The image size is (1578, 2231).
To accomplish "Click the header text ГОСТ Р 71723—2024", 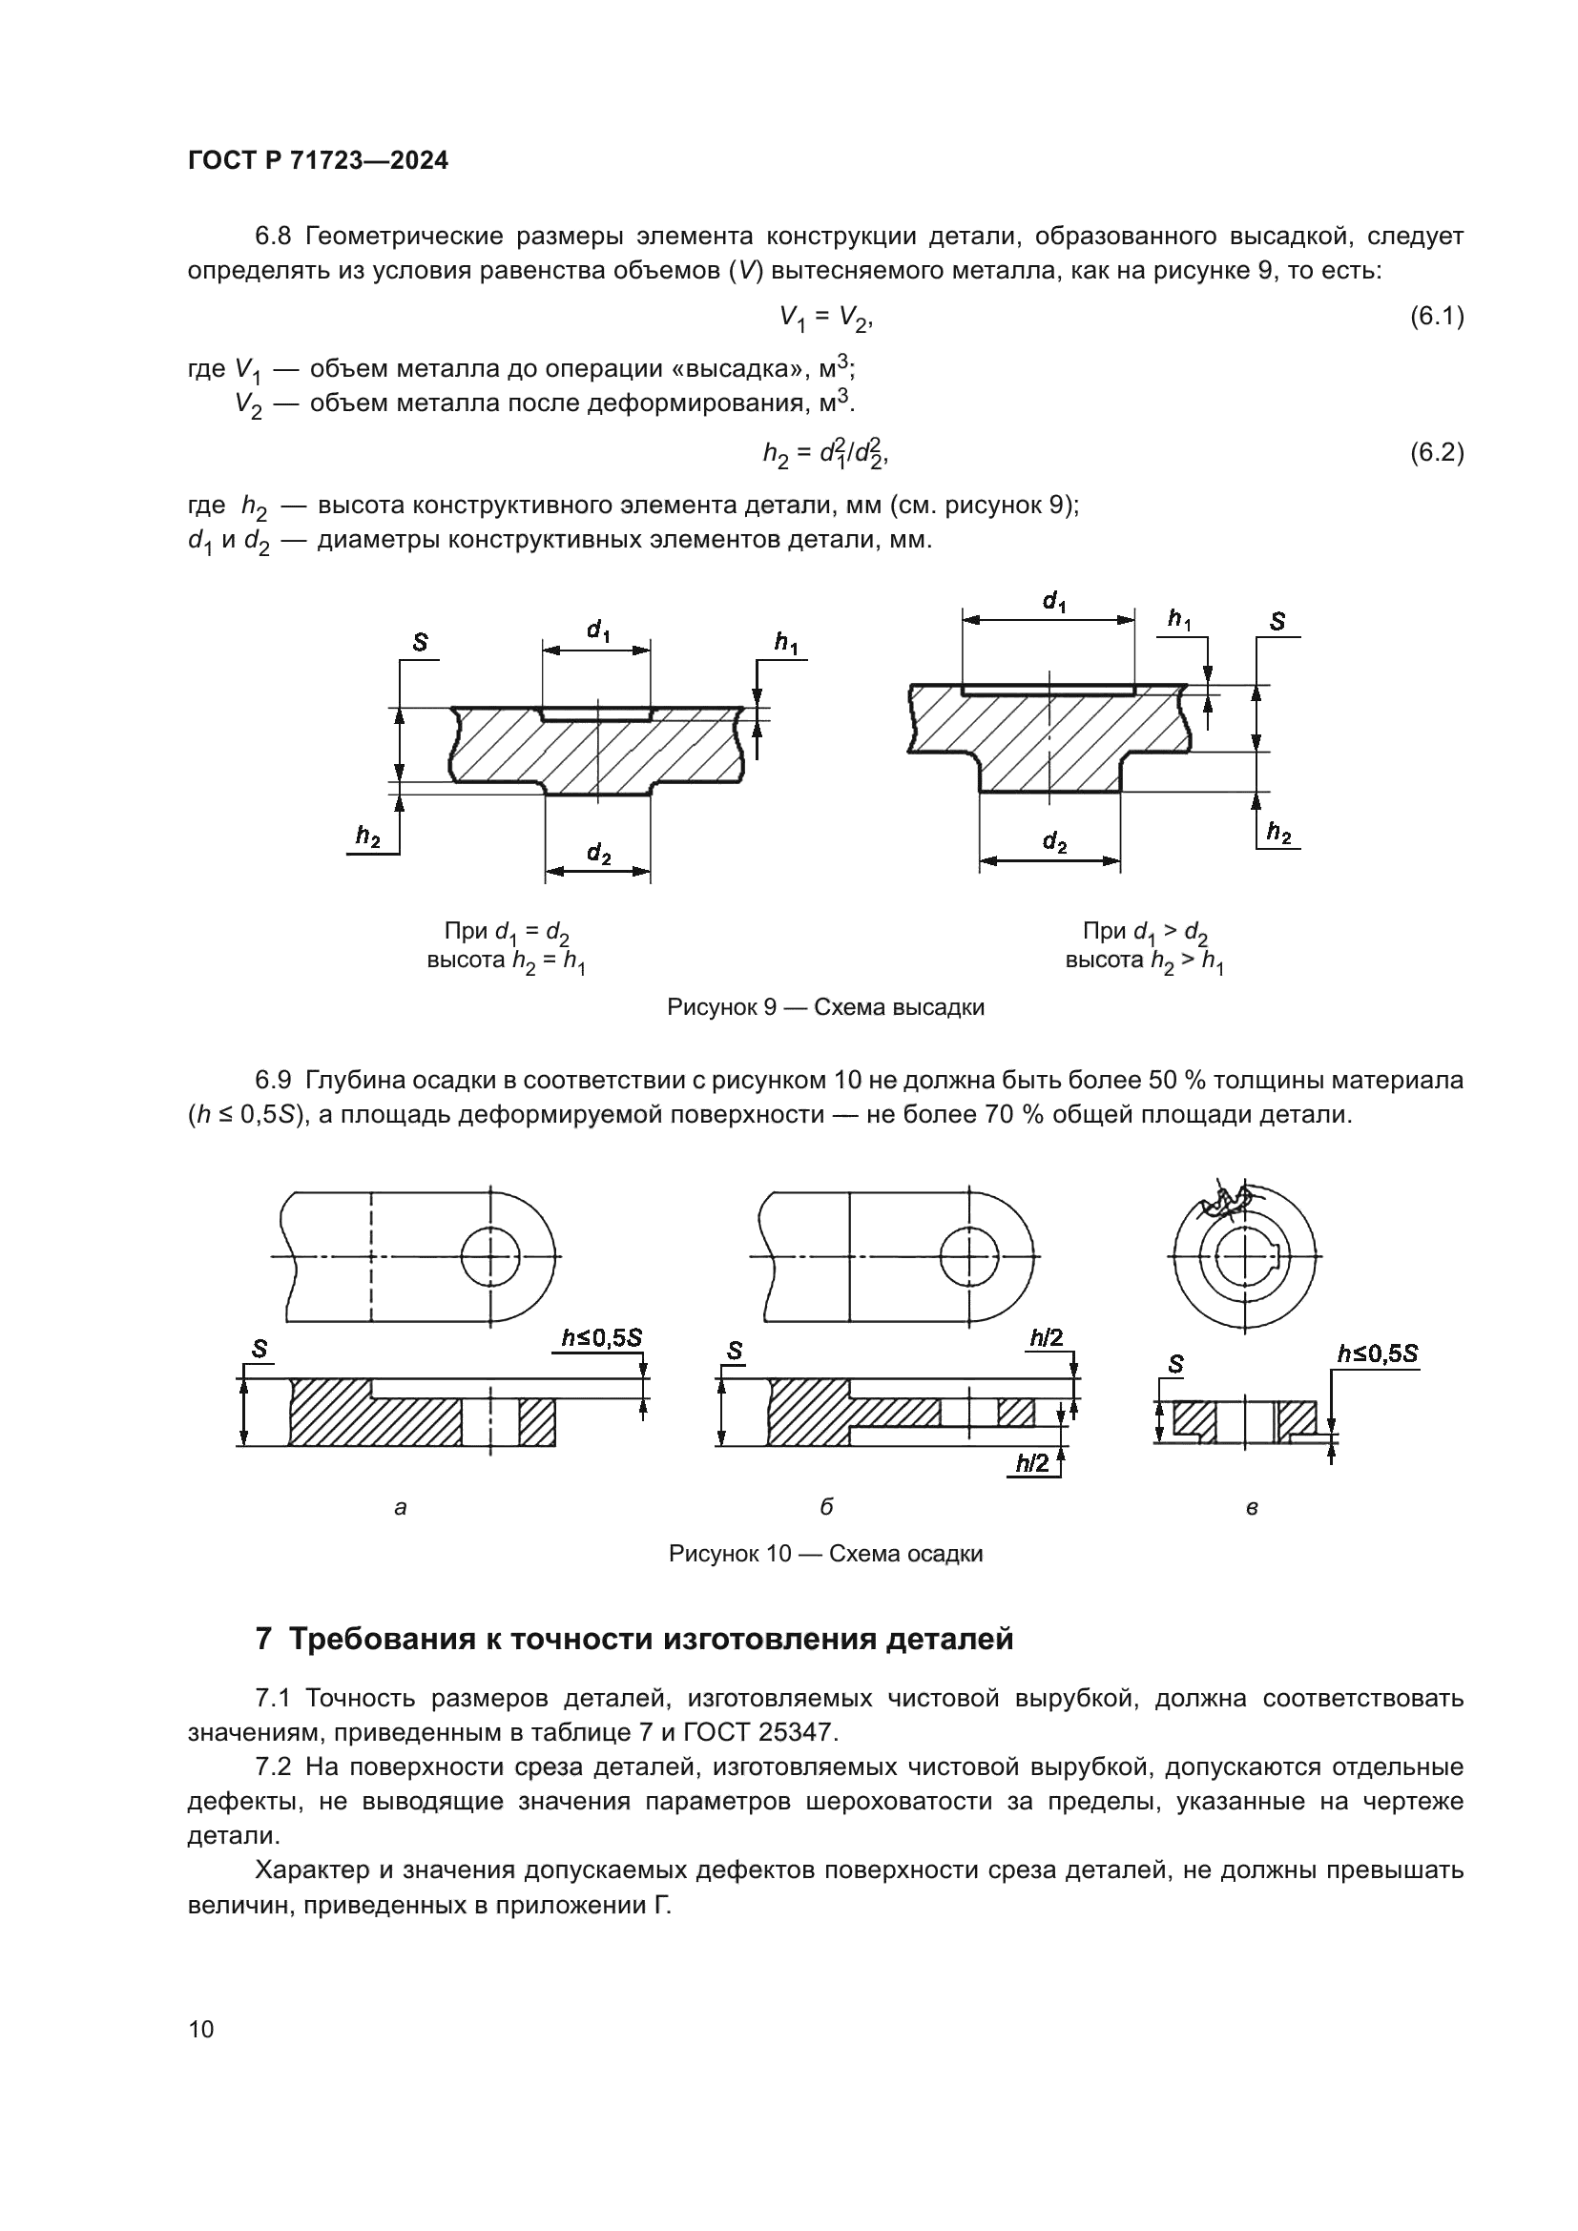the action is click(318, 161).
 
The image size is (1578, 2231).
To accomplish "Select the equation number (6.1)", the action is click(1436, 316).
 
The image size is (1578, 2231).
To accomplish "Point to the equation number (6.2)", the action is click(1436, 452).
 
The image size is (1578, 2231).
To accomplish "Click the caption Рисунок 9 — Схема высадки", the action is click(825, 1007).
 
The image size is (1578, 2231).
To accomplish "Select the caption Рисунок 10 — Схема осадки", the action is click(825, 1554).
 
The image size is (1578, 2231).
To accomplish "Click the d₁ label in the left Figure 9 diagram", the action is click(598, 631).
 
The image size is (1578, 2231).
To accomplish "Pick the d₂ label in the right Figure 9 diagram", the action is click(1054, 842).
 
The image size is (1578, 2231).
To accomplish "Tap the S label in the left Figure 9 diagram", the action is click(421, 642).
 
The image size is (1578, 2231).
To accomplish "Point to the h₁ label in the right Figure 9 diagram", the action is click(1179, 620).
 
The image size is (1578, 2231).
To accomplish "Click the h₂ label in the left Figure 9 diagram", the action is click(367, 837).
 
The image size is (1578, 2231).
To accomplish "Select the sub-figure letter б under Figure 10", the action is click(826, 1507).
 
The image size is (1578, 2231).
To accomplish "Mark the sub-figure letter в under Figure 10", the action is click(1253, 1509).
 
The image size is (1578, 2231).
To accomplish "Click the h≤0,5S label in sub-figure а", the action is click(601, 1338).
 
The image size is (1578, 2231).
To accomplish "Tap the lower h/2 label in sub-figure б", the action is click(1033, 1464).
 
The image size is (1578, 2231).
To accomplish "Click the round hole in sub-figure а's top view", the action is click(490, 1256).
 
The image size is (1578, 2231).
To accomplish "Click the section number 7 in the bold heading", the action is click(263, 1640).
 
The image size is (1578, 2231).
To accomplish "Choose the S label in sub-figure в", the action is click(1175, 1365).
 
